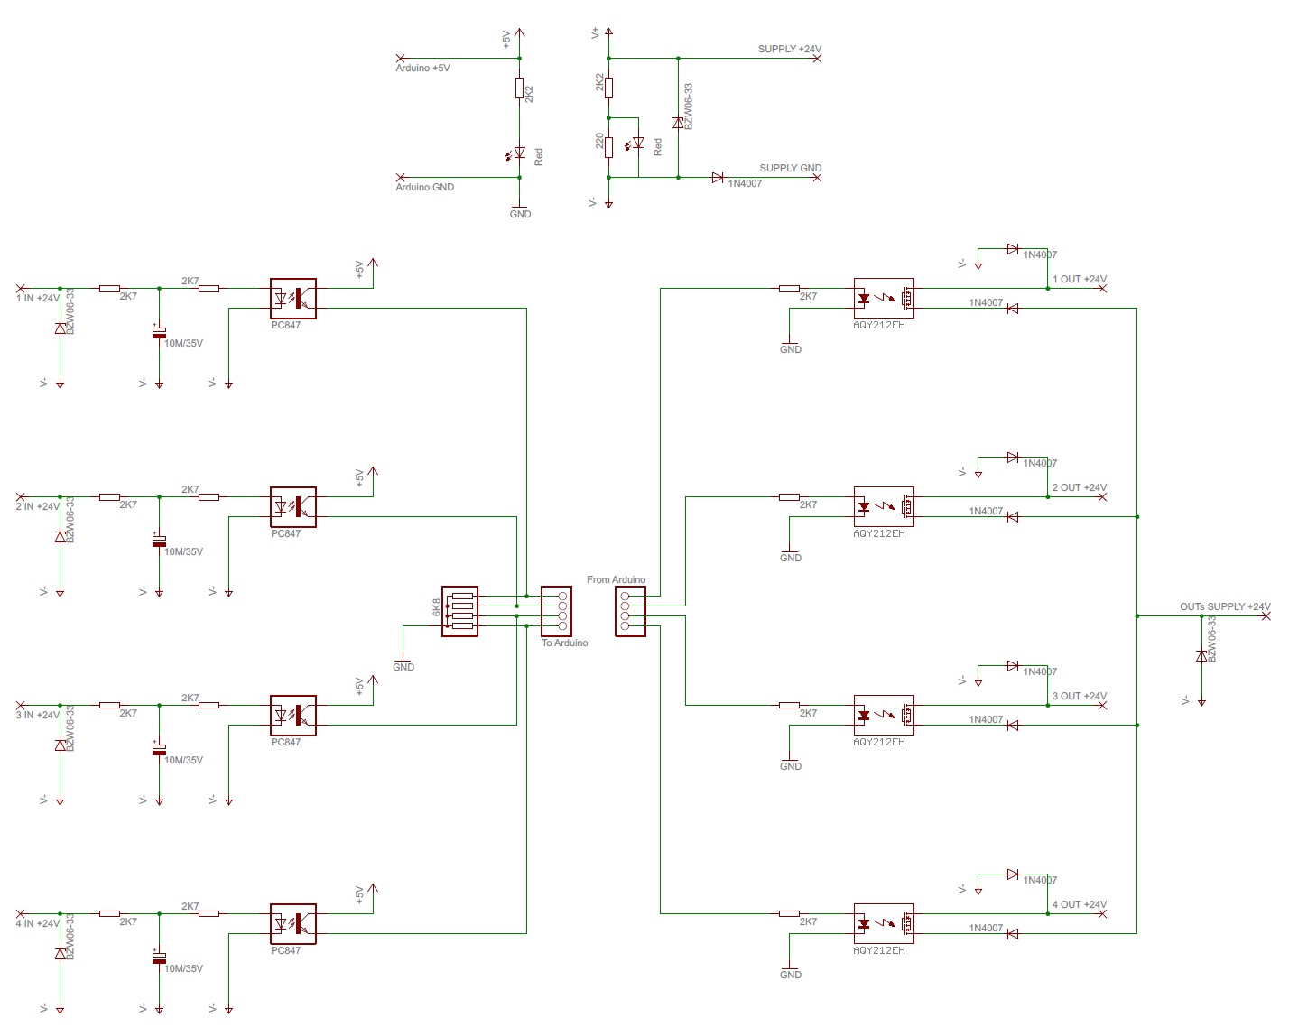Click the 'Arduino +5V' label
tap(422, 69)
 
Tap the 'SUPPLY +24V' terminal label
tap(789, 50)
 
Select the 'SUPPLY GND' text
tap(790, 168)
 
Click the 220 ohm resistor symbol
tap(609, 147)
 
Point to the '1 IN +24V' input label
tap(38, 298)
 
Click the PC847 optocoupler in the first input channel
tap(293, 298)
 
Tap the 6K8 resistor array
tap(459, 611)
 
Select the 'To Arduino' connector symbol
tap(555, 611)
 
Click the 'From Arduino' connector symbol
tap(630, 611)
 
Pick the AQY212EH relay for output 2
tap(884, 506)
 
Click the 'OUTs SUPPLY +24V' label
tap(1224, 606)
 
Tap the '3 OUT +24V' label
tap(1079, 696)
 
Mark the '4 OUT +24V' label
tap(1079, 904)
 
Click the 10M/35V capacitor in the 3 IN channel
tap(159, 749)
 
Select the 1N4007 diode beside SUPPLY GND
tap(718, 178)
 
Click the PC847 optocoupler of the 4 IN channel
tap(293, 923)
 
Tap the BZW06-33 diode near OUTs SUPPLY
tap(1201, 656)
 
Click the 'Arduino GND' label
tap(424, 188)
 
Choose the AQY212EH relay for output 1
tap(884, 298)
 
